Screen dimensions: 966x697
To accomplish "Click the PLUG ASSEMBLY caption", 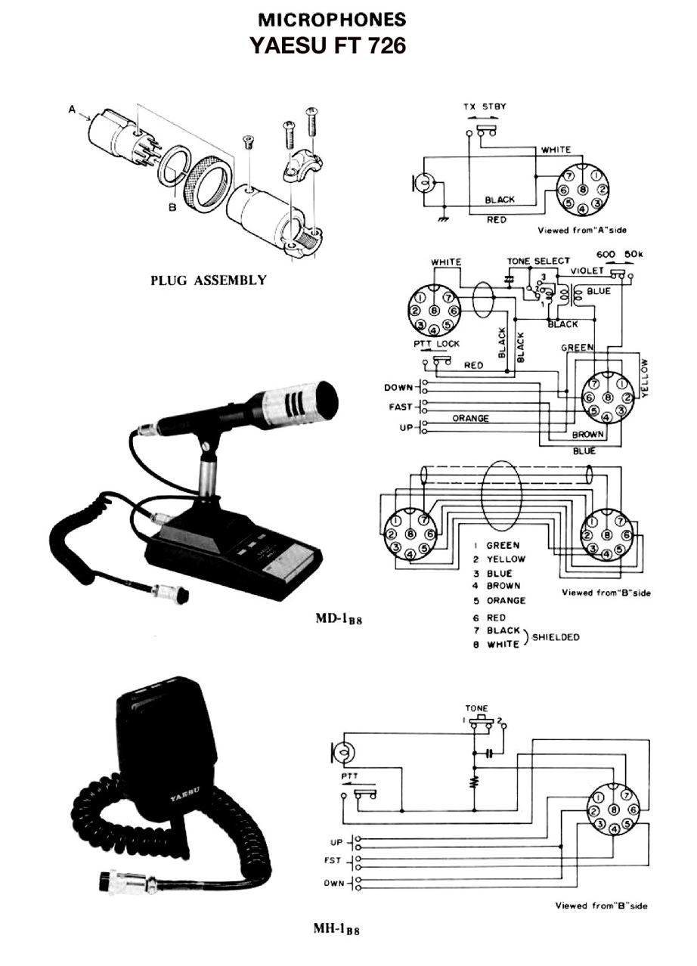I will [209, 280].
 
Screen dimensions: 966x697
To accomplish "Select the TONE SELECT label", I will [538, 261].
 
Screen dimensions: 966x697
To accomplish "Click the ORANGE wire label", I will [470, 418].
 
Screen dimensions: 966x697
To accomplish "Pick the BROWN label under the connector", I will [587, 435].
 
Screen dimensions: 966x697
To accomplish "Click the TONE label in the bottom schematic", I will [477, 709].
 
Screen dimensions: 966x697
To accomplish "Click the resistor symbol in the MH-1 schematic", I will [474, 781].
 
